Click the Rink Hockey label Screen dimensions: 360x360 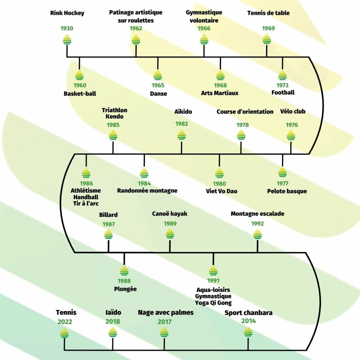click(x=67, y=13)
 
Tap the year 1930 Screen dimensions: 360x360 click(x=67, y=28)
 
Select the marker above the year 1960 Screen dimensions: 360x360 click(x=79, y=75)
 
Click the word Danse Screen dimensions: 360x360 click(x=158, y=94)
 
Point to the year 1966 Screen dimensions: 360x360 click(x=204, y=28)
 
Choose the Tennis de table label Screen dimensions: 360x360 click(x=268, y=13)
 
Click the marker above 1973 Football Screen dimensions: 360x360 click(x=282, y=75)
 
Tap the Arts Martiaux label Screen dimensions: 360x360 click(x=220, y=93)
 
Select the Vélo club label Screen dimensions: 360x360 click(x=292, y=112)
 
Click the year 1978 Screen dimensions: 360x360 click(x=243, y=125)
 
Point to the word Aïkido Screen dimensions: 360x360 click(x=183, y=112)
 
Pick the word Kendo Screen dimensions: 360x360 click(x=114, y=116)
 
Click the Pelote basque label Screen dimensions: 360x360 click(x=287, y=191)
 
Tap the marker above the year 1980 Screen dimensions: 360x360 click(x=219, y=173)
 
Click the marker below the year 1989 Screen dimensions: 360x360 click(x=170, y=234)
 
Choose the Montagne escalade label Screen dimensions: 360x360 click(x=257, y=214)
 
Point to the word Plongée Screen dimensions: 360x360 click(x=125, y=289)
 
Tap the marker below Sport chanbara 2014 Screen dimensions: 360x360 click(x=248, y=332)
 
